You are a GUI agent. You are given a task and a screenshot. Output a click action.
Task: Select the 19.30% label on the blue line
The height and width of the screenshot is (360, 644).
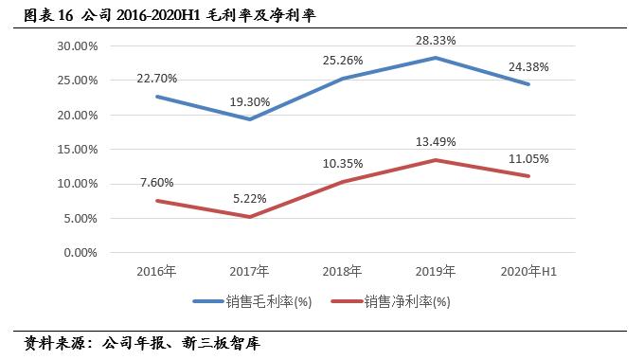(x=248, y=99)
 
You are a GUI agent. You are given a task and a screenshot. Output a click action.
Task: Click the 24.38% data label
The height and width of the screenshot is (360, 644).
(x=528, y=67)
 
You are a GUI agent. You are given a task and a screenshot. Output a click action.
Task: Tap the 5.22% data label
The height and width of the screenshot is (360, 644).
(x=248, y=199)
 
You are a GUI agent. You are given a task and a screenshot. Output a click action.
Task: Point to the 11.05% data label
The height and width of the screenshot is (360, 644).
(x=528, y=158)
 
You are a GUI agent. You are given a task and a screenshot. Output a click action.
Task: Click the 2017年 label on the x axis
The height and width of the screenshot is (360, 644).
(x=248, y=273)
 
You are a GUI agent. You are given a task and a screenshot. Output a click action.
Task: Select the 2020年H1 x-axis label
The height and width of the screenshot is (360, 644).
(x=528, y=273)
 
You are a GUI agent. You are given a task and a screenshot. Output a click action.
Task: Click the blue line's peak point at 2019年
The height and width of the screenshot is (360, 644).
(x=435, y=58)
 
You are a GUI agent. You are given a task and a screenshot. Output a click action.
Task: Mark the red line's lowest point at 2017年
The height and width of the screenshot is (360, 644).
(x=248, y=217)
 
